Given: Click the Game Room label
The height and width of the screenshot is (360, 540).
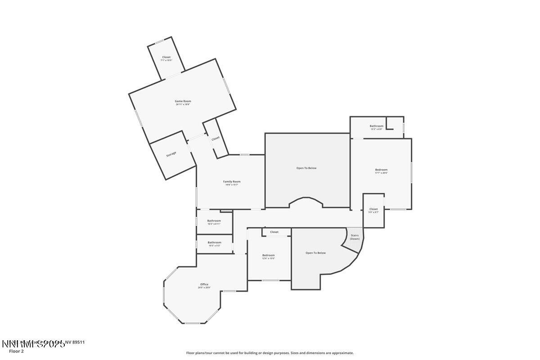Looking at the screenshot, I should [183, 101].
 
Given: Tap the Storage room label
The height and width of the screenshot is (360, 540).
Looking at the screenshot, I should [171, 154].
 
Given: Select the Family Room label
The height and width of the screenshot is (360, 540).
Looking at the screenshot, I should [232, 181].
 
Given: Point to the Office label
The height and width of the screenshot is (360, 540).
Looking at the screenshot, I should [204, 284].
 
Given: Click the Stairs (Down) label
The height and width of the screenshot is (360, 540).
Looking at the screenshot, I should [355, 237].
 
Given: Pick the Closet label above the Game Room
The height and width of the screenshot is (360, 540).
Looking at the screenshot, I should [166, 57].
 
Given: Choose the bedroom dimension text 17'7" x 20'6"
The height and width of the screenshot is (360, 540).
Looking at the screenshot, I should [381, 173].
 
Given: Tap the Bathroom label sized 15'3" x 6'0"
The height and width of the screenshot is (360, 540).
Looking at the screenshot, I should [377, 126].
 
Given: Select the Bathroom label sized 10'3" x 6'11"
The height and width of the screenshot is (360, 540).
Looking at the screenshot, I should [214, 220].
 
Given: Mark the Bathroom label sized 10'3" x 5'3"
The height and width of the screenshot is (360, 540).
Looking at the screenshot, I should [214, 243].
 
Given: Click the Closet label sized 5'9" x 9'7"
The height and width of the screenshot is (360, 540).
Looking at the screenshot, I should [373, 209].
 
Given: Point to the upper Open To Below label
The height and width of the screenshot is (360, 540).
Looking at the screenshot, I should [306, 168].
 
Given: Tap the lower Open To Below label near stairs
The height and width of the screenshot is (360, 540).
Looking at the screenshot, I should [315, 253].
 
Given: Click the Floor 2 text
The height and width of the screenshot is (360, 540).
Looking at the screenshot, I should [16, 351].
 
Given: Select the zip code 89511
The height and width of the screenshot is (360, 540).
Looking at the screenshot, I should [79, 342].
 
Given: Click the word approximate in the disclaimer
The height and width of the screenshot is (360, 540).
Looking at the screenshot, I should [343, 353].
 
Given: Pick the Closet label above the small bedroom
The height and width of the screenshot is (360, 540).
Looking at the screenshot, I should [274, 232].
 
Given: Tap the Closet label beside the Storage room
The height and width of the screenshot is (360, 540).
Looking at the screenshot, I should [216, 138].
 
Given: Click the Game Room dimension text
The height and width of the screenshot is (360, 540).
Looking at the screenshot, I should [183, 104].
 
